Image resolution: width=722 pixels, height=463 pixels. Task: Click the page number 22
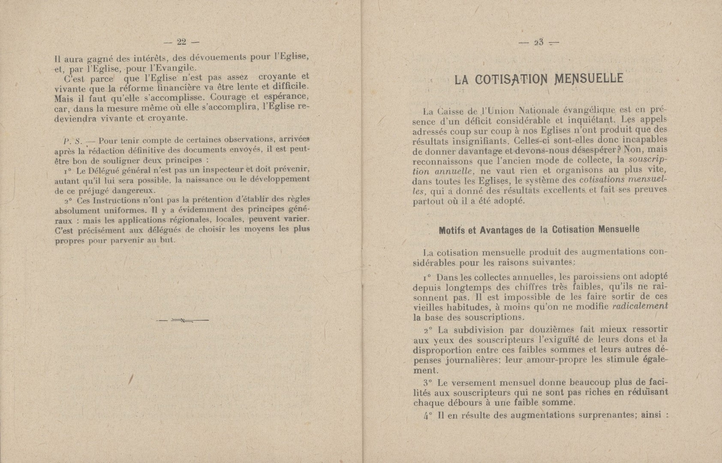click(181, 42)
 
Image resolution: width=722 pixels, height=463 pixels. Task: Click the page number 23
click(539, 42)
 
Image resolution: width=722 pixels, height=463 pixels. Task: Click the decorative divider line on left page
click(182, 320)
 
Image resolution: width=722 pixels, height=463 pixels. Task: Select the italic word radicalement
click(640, 307)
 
